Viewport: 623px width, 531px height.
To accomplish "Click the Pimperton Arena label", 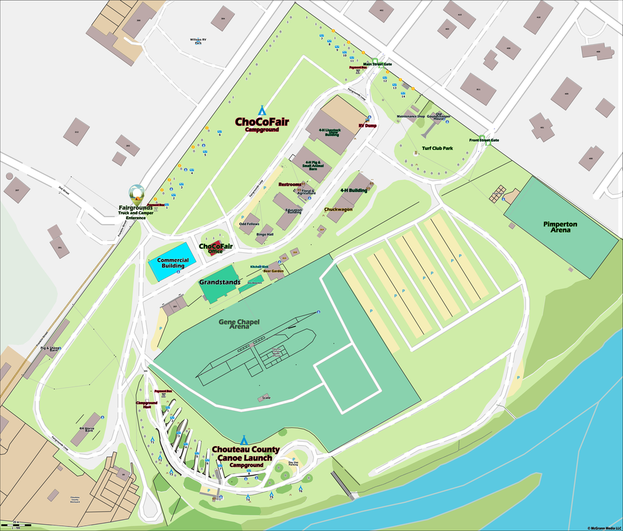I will click(559, 227).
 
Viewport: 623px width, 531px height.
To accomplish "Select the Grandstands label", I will click(219, 282).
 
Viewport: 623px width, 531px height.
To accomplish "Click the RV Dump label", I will click(368, 125).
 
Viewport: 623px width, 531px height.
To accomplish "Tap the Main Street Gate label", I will click(378, 64).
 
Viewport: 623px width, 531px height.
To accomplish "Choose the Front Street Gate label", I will click(484, 140).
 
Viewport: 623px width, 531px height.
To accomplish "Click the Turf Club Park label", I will click(437, 148).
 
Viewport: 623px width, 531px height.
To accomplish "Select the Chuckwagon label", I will click(338, 209).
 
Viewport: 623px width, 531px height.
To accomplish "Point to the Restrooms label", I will click(290, 184).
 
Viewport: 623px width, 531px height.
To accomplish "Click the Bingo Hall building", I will click(265, 231).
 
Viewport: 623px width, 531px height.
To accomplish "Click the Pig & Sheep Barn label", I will click(53, 349).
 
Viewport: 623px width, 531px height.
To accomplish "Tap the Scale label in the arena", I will click(267, 397).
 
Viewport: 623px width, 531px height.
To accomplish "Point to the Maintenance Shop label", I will click(411, 117).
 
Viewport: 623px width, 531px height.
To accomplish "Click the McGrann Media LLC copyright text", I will click(604, 527).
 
